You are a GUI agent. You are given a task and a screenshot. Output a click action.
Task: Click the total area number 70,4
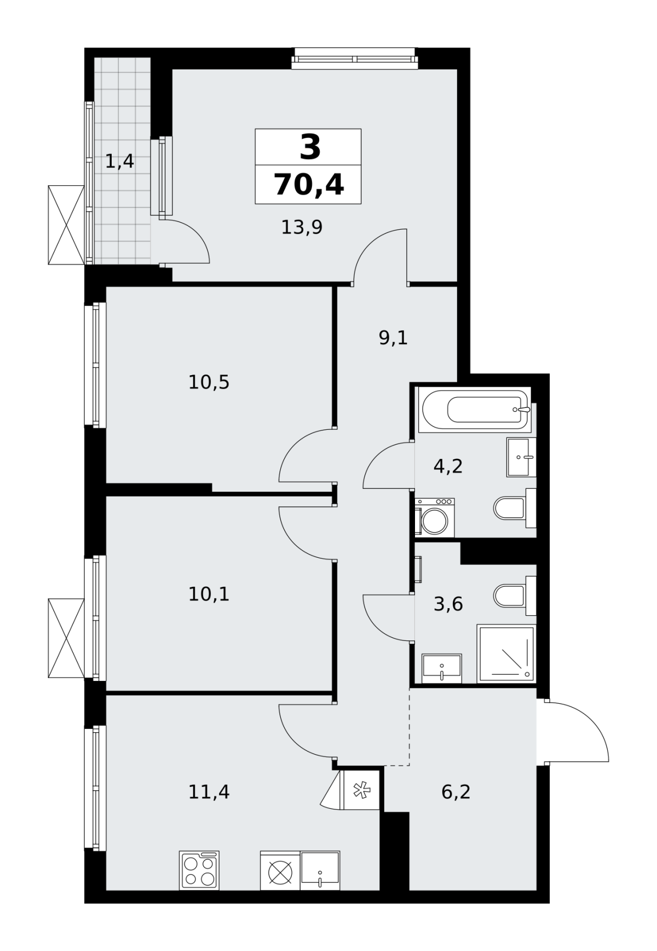point(309,184)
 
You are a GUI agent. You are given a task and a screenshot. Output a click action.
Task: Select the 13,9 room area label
point(302,227)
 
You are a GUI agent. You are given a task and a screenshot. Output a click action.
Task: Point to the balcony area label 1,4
point(119,162)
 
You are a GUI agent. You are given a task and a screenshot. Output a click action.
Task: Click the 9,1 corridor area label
point(393,338)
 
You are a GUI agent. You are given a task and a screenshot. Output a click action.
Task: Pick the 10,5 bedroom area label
point(209,382)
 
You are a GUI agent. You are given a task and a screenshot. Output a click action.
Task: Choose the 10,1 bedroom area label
point(209,594)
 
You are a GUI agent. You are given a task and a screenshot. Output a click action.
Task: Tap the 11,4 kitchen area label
point(209,791)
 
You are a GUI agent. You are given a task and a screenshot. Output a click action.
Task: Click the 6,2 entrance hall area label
point(456,791)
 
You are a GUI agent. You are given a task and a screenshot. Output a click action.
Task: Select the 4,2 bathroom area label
point(448,466)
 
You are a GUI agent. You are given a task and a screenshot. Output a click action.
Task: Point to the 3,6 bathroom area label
point(448,604)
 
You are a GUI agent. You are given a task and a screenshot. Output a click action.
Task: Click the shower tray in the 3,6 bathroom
point(506,654)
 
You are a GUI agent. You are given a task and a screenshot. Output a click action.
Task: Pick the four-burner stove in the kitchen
point(199,870)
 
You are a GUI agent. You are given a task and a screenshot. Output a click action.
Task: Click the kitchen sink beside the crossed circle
point(320,870)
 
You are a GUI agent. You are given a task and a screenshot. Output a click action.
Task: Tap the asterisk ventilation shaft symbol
point(360,790)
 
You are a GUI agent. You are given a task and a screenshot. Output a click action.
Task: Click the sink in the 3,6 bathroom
point(442,668)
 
